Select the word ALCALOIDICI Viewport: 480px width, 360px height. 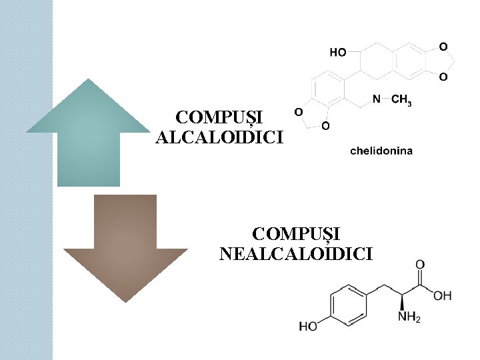[x=219, y=137]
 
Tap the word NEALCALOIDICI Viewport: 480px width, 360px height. [x=296, y=253]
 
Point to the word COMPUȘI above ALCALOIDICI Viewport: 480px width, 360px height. [x=219, y=118]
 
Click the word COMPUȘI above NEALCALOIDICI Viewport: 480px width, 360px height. [x=296, y=234]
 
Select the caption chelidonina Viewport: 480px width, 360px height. [x=381, y=151]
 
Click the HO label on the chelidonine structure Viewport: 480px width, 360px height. [x=338, y=51]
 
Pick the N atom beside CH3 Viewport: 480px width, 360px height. [x=377, y=99]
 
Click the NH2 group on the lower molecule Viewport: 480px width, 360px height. [x=409, y=317]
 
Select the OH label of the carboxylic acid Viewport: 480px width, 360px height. [x=442, y=295]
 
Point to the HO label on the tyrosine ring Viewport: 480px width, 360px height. [x=308, y=327]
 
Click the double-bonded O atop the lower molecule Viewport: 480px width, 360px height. [x=420, y=265]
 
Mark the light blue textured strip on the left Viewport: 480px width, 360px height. [x=26, y=180]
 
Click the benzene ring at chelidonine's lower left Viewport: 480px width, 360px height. [x=327, y=90]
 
